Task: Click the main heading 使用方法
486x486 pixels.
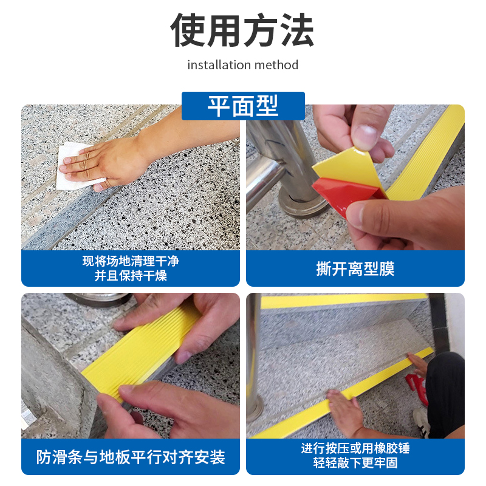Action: pyautogui.click(x=242, y=30)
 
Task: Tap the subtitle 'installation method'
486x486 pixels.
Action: pyautogui.click(x=242, y=64)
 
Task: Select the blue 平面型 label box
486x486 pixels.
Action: pyautogui.click(x=243, y=106)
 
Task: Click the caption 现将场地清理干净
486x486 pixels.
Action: pyautogui.click(x=131, y=262)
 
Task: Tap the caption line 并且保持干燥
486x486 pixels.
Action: pyautogui.click(x=131, y=276)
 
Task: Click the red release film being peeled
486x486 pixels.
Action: pyautogui.click(x=346, y=194)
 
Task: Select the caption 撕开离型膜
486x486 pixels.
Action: pyautogui.click(x=355, y=269)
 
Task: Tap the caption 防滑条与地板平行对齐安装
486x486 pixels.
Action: pyautogui.click(x=131, y=457)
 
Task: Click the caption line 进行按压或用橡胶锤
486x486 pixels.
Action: pyautogui.click(x=355, y=449)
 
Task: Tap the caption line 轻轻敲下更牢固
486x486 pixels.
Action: pyautogui.click(x=355, y=464)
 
